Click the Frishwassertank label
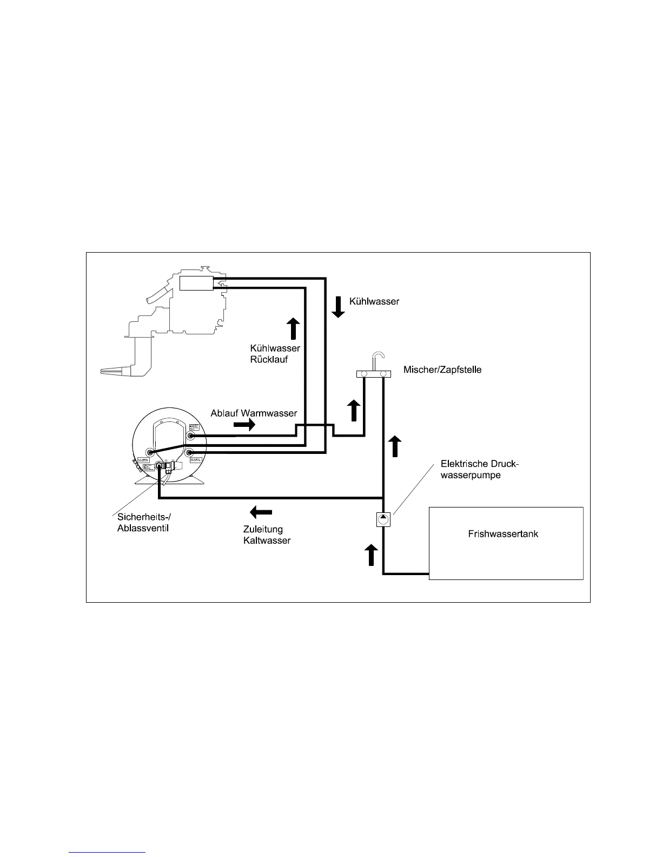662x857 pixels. click(x=503, y=534)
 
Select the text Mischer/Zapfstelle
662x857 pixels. click(x=442, y=370)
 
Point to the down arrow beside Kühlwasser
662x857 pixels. click(x=338, y=307)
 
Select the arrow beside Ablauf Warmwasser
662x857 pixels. click(x=244, y=425)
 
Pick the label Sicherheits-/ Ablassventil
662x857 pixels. click(x=144, y=523)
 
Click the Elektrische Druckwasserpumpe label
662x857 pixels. click(x=479, y=469)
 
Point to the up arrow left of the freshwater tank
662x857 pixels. click(x=371, y=555)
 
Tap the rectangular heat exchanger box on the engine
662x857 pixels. click(x=197, y=283)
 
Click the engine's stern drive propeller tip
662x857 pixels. click(x=104, y=371)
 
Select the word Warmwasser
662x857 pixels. click(x=269, y=413)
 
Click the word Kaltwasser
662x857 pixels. click(x=267, y=540)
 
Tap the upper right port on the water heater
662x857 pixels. click(x=190, y=435)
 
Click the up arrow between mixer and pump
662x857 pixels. click(x=396, y=446)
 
